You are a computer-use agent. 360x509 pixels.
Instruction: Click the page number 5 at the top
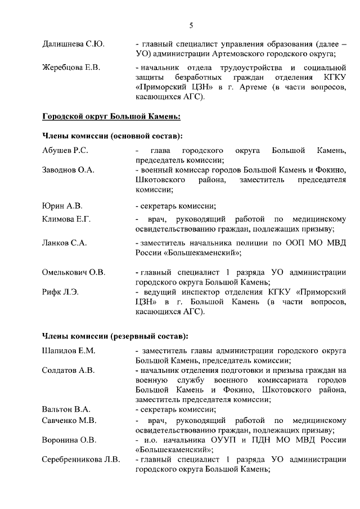tap(191, 25)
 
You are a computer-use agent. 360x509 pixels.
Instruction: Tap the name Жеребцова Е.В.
tap(71, 68)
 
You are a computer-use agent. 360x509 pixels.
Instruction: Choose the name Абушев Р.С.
tap(65, 151)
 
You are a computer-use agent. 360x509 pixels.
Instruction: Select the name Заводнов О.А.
tap(68, 170)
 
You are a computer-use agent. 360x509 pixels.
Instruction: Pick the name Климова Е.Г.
tap(66, 218)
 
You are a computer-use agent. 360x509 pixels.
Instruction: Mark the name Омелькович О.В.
tap(74, 272)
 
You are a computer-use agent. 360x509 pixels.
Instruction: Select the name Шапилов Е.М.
tap(69, 350)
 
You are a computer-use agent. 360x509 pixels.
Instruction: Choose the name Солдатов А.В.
tap(68, 370)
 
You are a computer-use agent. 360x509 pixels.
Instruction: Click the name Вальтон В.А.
tap(66, 409)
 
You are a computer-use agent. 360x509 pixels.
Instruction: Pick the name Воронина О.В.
tap(69, 440)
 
